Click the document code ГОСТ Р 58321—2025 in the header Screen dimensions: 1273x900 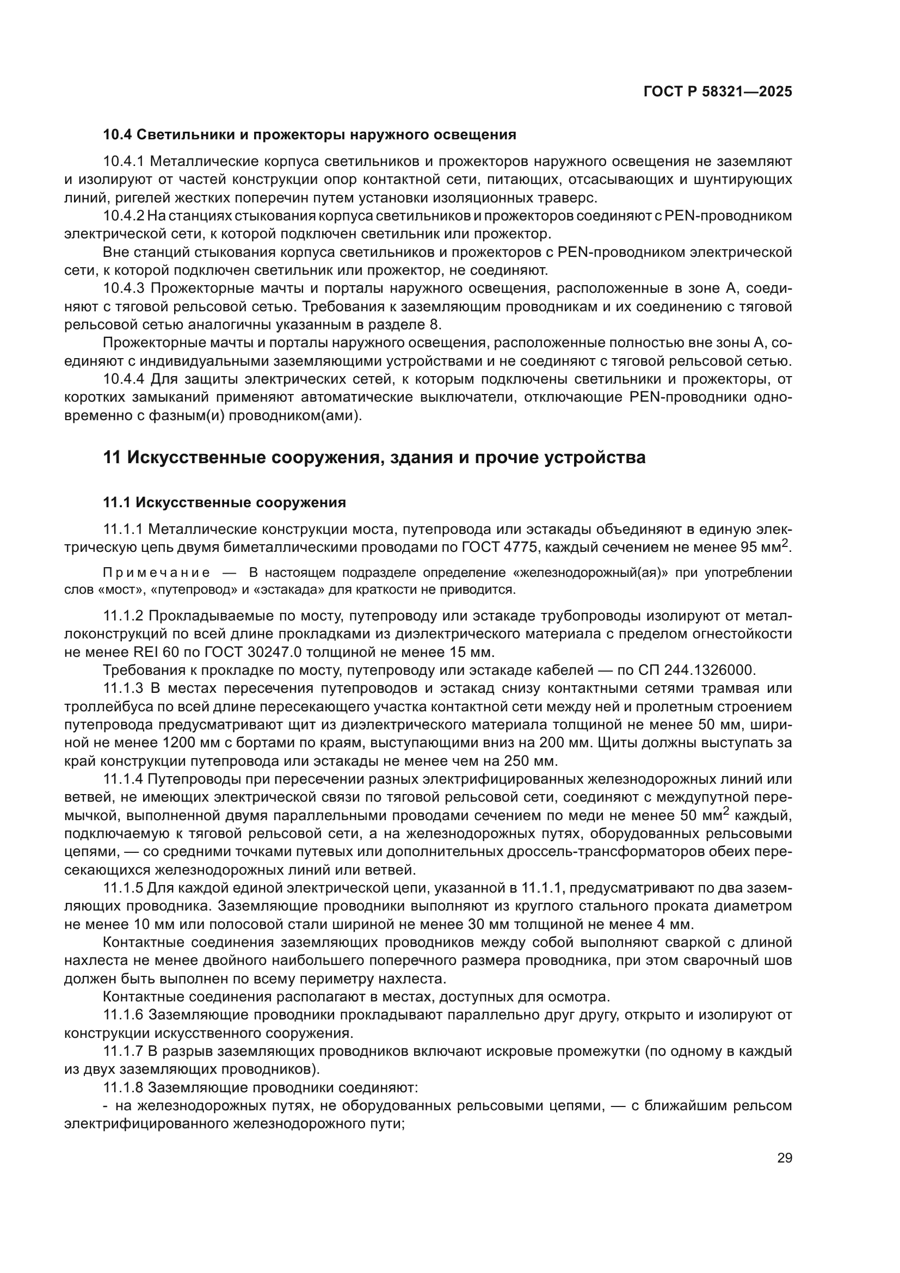(x=718, y=92)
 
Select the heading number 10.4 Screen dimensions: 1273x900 (x=117, y=135)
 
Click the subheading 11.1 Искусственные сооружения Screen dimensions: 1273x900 (x=224, y=503)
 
